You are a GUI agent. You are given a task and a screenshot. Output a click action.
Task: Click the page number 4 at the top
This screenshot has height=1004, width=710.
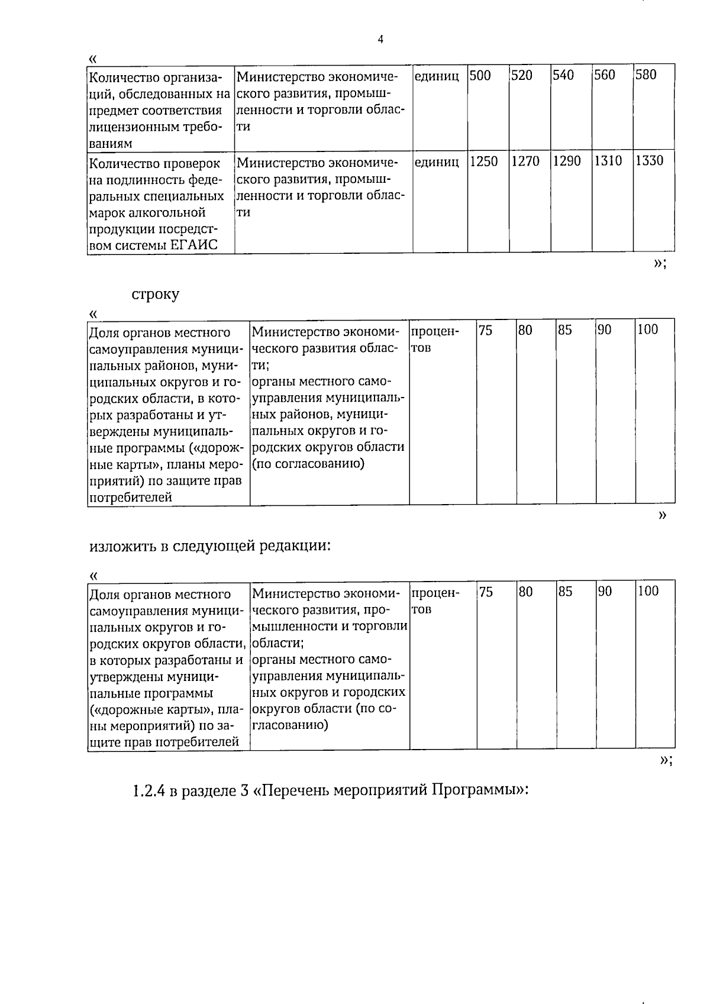380,40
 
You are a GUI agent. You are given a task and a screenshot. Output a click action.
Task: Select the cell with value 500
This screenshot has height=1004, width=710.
480,75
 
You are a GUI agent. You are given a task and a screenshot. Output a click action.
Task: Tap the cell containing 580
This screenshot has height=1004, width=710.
646,75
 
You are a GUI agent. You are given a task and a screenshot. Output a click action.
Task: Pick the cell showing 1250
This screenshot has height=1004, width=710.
483,161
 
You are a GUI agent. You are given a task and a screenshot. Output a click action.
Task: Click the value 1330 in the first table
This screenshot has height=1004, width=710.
649,161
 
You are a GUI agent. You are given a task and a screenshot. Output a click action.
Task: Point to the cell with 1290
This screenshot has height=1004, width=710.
567,161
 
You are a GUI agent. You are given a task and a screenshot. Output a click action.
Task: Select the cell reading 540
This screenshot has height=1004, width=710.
563,75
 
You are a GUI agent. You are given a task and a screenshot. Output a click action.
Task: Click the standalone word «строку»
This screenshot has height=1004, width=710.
155,294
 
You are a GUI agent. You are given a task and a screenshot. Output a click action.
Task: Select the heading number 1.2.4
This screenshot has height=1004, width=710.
149,790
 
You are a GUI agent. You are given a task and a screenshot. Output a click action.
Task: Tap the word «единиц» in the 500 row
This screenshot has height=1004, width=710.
437,76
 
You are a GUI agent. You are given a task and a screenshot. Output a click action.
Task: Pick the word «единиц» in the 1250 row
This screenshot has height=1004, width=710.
437,162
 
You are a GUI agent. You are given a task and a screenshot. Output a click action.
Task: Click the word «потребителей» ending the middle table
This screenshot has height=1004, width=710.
131,497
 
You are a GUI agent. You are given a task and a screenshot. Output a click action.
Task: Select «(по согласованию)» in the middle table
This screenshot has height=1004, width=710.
308,463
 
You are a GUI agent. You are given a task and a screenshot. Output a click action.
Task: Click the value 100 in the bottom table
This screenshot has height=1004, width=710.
648,591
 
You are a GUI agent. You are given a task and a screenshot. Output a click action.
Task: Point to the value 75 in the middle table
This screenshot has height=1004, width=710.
485,330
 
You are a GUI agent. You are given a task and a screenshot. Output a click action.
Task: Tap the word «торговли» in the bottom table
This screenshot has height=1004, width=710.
384,625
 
